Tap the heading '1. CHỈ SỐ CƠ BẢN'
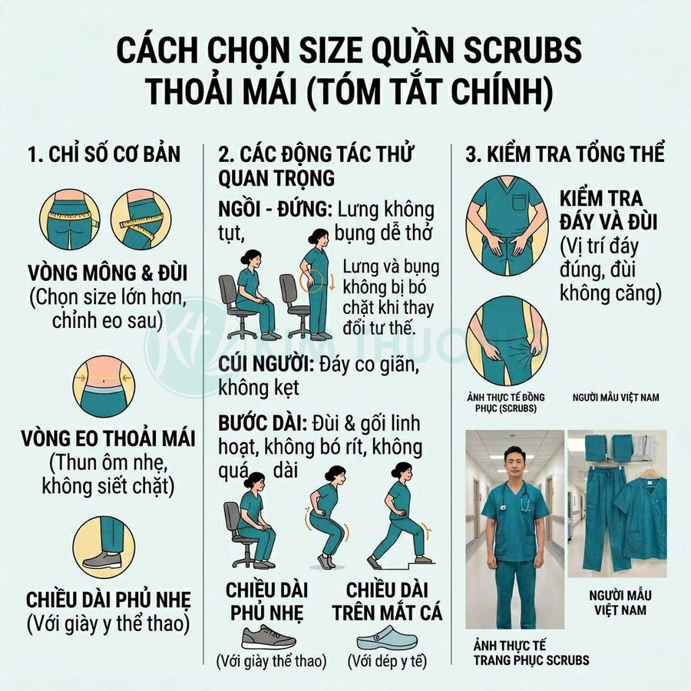[x=104, y=154]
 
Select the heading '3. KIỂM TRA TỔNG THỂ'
[x=565, y=154]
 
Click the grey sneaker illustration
[x=269, y=636]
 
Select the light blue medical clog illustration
[x=386, y=636]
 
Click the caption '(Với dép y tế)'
[x=387, y=660]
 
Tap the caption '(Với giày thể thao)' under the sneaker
[x=270, y=660]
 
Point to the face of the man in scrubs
[x=514, y=464]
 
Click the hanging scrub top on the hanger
[x=640, y=514]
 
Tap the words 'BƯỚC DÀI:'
[x=264, y=425]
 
